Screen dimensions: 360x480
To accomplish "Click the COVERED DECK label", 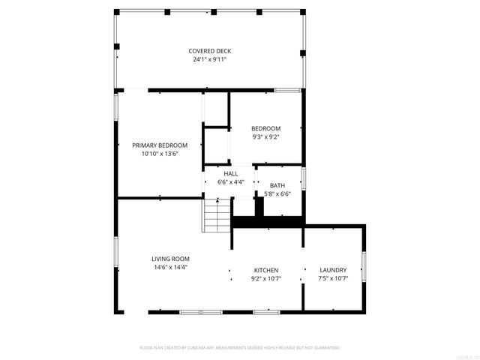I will coord(209,51).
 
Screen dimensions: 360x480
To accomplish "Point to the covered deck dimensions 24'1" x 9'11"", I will coord(209,59).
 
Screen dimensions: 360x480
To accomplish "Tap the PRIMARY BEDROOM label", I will coord(160,145).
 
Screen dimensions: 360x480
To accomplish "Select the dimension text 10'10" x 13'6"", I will coord(160,154).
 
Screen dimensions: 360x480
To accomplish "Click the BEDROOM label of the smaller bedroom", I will coord(265,128).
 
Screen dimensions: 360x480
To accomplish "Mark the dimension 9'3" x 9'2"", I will coord(265,137).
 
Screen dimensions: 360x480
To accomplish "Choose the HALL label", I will coord(230,173).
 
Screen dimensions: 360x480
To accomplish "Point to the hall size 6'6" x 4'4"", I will coord(230,181).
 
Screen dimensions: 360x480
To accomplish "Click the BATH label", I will coord(277,186).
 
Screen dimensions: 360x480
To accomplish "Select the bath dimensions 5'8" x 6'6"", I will coord(277,194).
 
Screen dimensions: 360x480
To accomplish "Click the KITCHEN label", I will coord(265,270).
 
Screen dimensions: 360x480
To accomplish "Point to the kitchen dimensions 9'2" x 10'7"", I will coord(265,278).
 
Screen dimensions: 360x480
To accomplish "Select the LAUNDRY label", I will coord(333,270).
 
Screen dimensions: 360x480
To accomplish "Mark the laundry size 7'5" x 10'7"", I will coord(333,278).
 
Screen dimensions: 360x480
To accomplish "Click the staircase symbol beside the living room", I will coord(217,215).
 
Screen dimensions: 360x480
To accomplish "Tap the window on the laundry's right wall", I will coord(364,266).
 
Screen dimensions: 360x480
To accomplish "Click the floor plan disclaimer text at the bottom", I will coord(240,348).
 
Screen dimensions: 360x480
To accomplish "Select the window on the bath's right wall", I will coord(303,178).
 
